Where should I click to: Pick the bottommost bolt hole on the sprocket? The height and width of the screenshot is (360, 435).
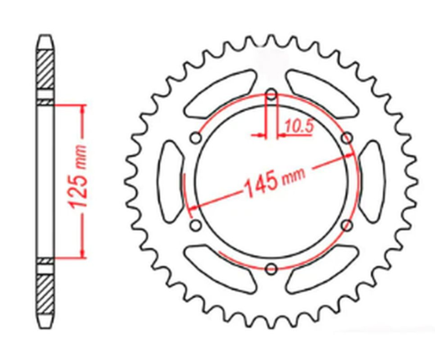tap(270, 269)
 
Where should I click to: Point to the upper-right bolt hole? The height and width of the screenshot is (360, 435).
tap(345, 139)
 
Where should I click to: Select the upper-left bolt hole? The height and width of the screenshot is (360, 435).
tap(195, 138)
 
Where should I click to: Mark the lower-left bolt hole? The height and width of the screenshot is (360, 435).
tap(195, 226)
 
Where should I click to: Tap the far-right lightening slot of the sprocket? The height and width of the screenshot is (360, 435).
tap(373, 181)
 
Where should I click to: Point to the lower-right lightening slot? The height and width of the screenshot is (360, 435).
tap(322, 269)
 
